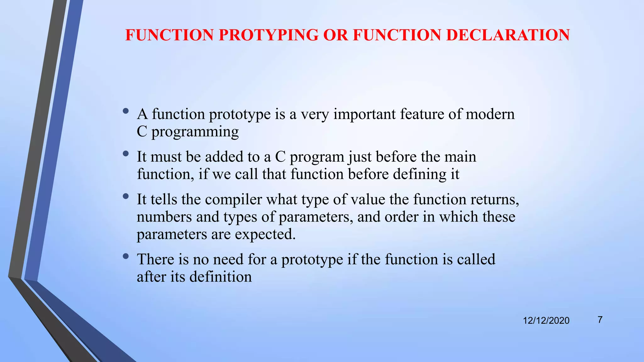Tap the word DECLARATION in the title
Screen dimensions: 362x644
pyautogui.click(x=508, y=35)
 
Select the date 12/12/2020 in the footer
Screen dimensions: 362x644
pyautogui.click(x=546, y=321)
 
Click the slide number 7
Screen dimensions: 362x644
pyautogui.click(x=600, y=320)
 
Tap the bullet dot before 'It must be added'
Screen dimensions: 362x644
pyautogui.click(x=126, y=153)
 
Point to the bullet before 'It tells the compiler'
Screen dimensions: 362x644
pyautogui.click(x=126, y=196)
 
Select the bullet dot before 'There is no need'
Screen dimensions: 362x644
pyautogui.click(x=126, y=256)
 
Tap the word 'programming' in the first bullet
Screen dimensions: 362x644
pyautogui.click(x=195, y=132)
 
